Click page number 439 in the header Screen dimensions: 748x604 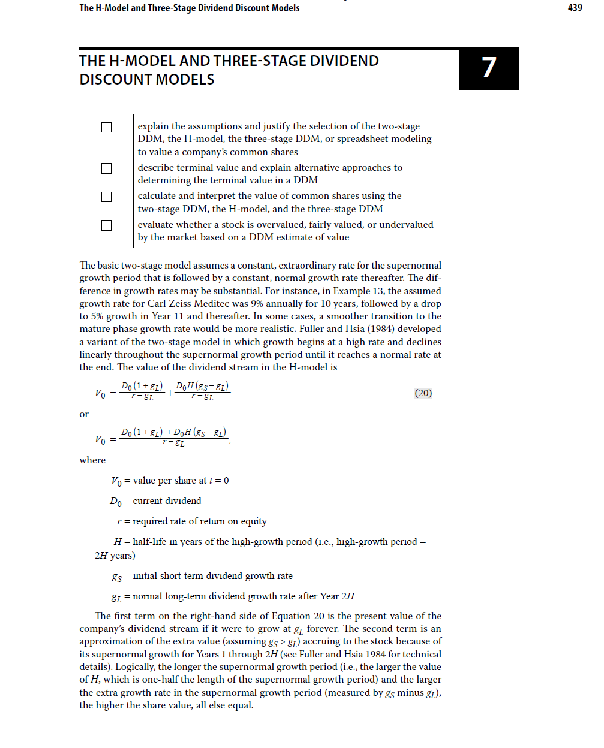[575, 8]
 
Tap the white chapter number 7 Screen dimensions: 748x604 [489, 68]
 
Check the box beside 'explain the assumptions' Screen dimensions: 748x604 [107, 127]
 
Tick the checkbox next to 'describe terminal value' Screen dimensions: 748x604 [107, 168]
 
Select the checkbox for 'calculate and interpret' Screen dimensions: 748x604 [107, 197]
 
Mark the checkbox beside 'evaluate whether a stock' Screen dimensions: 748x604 [107, 225]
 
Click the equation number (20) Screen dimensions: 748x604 [423, 393]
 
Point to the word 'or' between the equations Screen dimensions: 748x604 [84, 414]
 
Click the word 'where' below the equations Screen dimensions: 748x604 [92, 460]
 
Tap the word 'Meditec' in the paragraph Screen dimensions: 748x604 [211, 303]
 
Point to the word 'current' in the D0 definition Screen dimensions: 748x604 [149, 500]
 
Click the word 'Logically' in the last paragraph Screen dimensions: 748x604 [134, 666]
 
